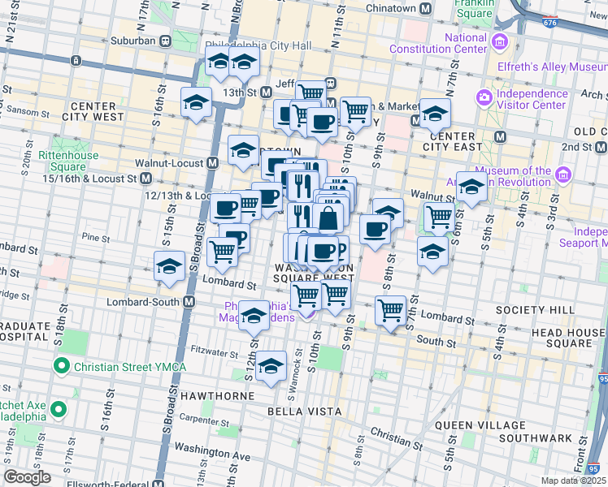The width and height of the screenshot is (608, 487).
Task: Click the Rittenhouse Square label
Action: (68, 162)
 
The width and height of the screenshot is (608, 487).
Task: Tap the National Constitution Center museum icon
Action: (499, 41)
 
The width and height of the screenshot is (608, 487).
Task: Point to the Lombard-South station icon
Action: (189, 302)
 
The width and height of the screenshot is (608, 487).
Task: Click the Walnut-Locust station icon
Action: (212, 162)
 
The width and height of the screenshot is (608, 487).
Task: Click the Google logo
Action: (27, 477)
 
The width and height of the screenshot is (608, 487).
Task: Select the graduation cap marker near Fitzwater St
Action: (271, 367)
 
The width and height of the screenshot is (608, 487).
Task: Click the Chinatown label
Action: (390, 9)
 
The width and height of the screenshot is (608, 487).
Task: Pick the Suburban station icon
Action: (165, 41)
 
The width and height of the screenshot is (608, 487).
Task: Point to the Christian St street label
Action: (397, 439)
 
